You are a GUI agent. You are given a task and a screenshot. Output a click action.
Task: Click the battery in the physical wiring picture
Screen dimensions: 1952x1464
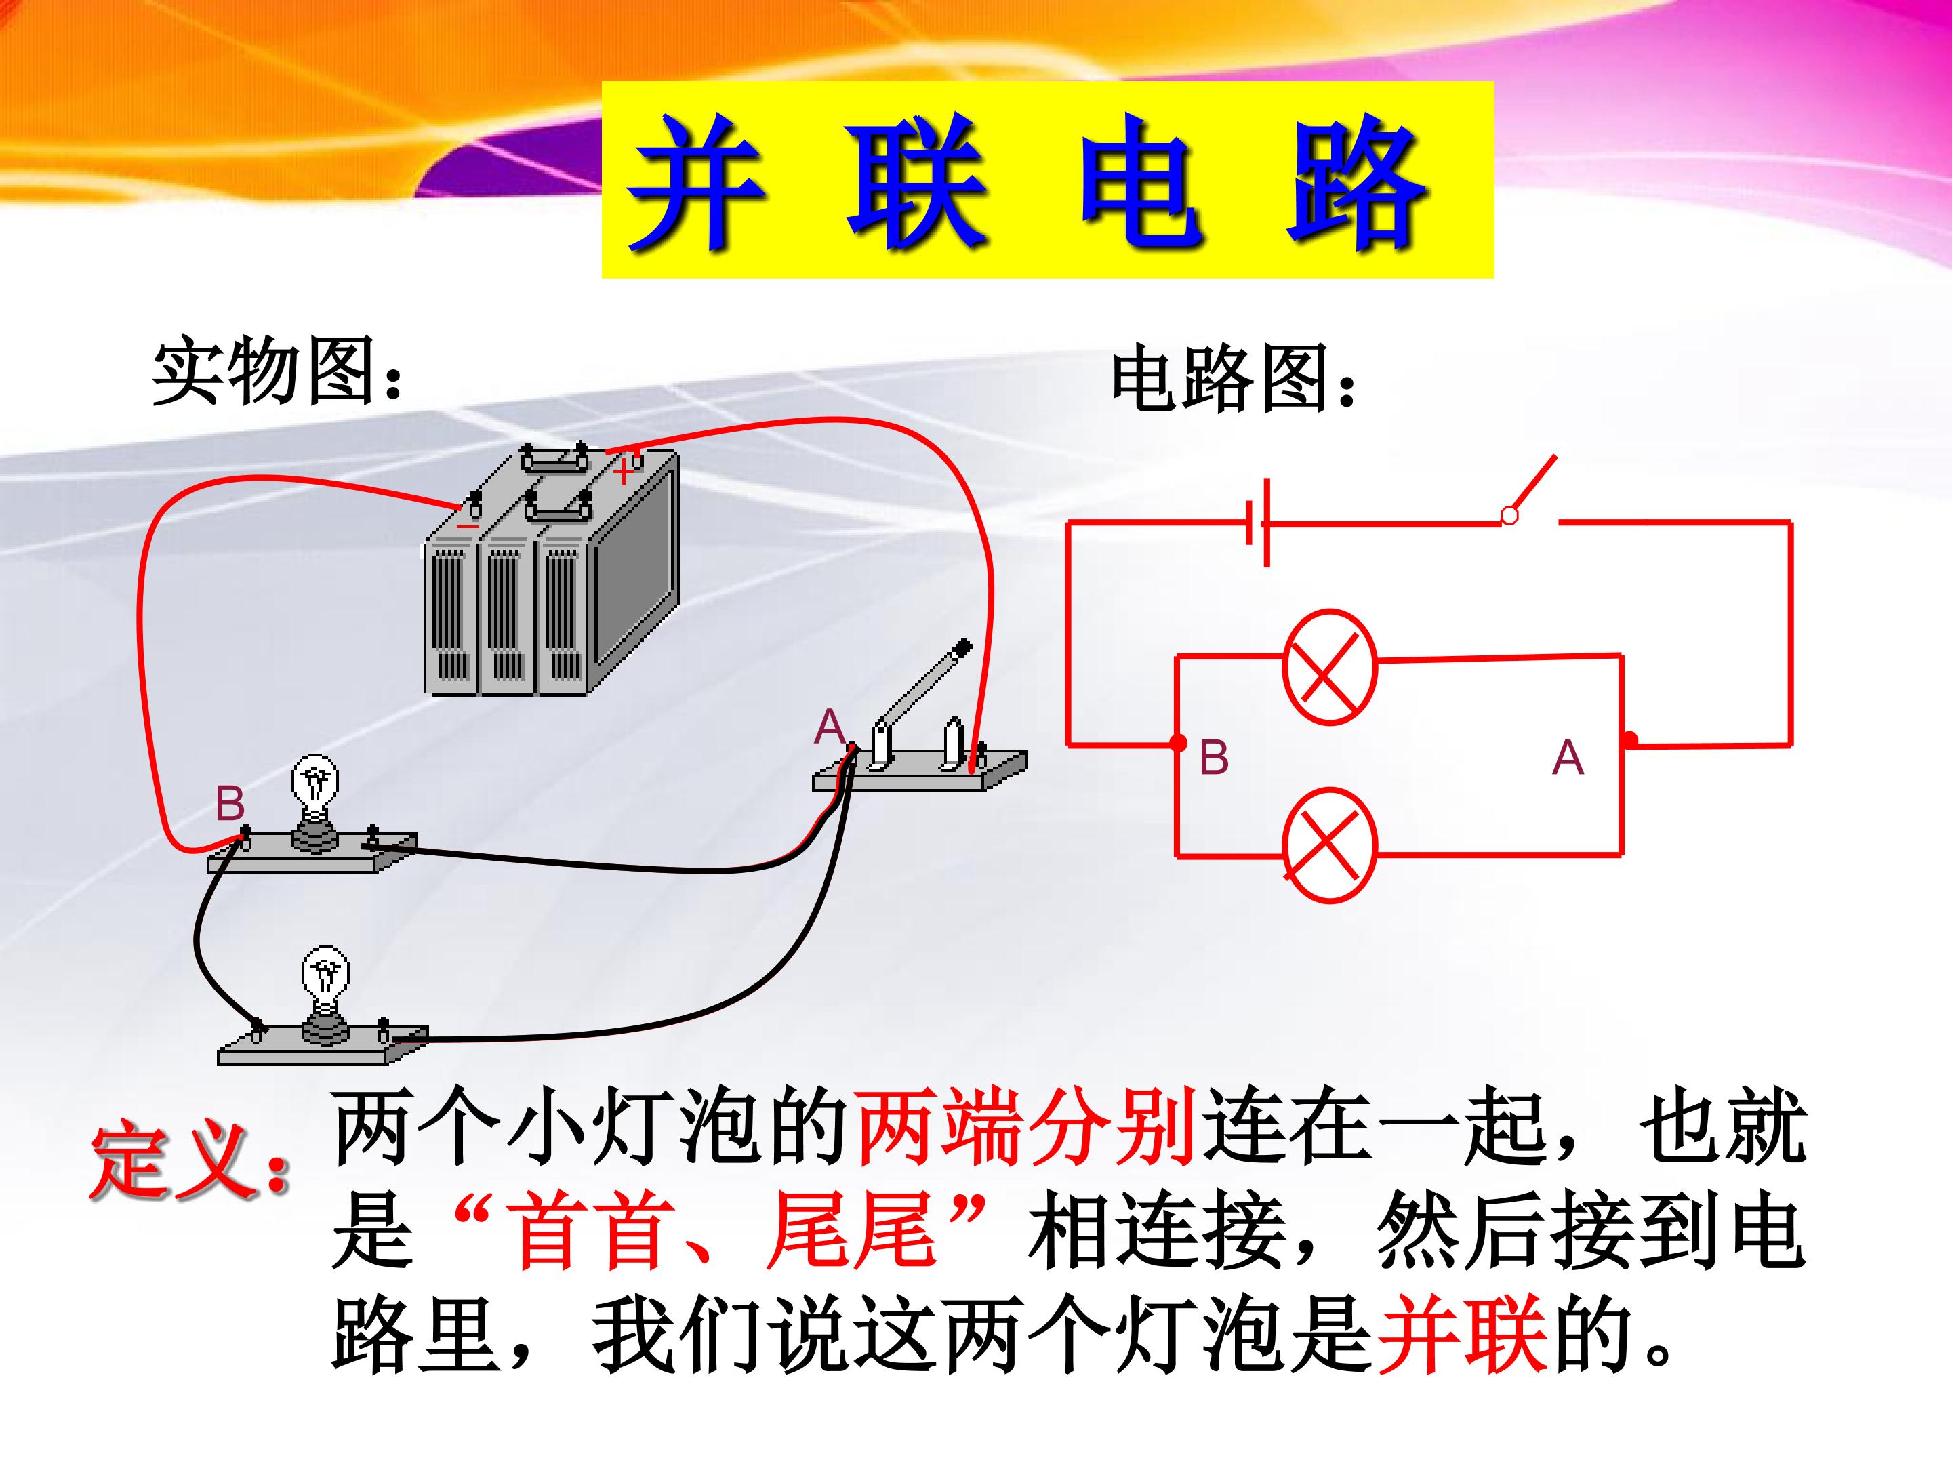[552, 569]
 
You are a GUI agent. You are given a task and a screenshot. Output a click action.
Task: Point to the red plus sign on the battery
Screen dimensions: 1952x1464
[623, 473]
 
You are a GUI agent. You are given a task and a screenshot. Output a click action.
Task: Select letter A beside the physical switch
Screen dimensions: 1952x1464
[830, 728]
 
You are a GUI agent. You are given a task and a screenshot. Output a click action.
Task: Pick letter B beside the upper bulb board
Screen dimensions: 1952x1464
[230, 803]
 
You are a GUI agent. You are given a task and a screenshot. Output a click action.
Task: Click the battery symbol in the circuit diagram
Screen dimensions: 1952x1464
[1259, 523]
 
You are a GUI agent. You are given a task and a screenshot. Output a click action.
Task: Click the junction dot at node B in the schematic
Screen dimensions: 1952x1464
[1178, 743]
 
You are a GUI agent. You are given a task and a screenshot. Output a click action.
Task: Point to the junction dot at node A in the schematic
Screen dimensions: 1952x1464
[1630, 739]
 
